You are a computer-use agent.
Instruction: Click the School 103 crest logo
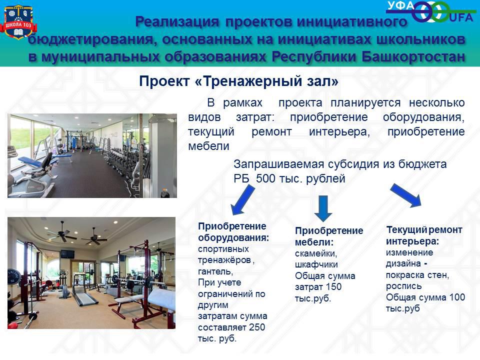(x=18, y=22)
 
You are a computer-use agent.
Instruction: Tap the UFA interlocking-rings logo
(x=432, y=11)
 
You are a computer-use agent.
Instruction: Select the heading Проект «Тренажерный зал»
(x=239, y=81)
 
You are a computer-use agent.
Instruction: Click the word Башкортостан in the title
(x=413, y=57)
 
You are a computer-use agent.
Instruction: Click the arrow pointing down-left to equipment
(x=243, y=200)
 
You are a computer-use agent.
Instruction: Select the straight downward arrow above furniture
(x=323, y=208)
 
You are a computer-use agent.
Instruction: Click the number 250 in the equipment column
(x=256, y=327)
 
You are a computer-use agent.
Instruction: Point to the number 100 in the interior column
(x=457, y=297)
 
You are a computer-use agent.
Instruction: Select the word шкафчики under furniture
(x=316, y=264)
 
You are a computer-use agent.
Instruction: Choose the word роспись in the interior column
(x=404, y=286)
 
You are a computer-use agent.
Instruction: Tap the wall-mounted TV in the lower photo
(x=67, y=254)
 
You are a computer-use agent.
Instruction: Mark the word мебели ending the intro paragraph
(x=209, y=146)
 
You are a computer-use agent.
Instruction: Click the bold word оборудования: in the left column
(x=233, y=238)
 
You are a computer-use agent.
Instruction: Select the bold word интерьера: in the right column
(x=412, y=241)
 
